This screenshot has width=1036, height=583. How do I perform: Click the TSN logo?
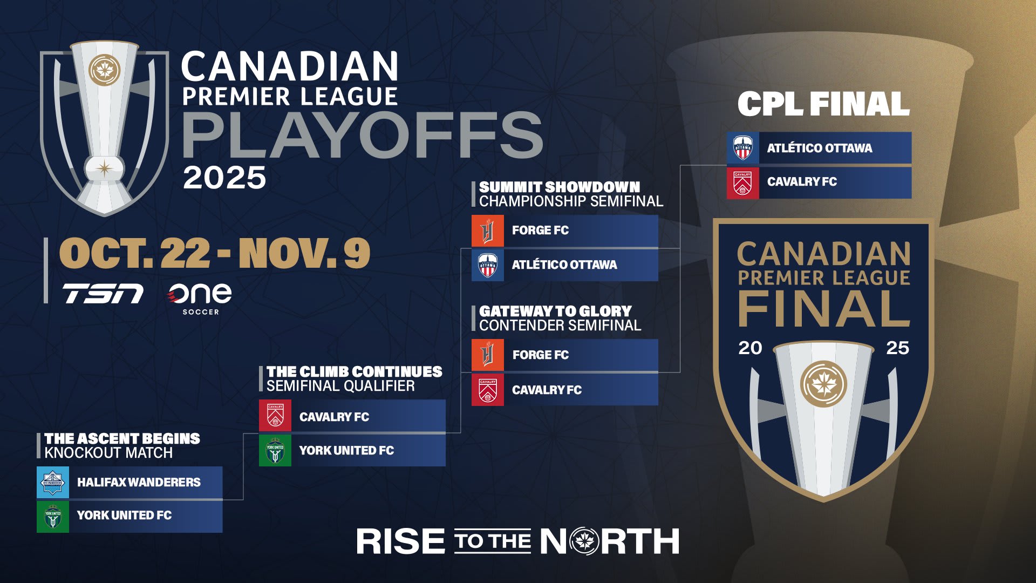coord(103,294)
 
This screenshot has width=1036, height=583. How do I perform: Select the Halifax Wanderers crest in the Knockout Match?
coord(53,482)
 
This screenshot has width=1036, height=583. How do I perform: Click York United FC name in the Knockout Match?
coord(124,516)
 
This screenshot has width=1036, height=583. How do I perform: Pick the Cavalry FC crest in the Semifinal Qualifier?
coord(275,416)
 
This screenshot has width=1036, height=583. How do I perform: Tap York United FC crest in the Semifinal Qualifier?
coord(275,451)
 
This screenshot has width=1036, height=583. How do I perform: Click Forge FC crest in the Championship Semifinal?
coord(488,231)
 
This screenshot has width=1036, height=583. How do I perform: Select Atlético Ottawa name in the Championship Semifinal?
coord(564,265)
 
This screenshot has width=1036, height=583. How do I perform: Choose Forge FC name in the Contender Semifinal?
coord(541,355)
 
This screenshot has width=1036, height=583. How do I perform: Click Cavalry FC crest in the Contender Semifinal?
coord(488,390)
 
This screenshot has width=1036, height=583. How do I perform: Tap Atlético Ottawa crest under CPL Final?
coord(743,148)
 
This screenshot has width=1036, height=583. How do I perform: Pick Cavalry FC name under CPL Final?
coord(802,182)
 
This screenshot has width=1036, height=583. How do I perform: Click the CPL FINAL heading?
coord(823,104)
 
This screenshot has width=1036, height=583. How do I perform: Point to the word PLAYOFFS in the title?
coord(363,135)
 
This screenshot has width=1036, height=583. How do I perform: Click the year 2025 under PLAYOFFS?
coord(224,178)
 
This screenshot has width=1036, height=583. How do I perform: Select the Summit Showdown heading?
coord(560,187)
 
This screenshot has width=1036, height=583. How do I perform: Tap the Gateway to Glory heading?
coord(555,311)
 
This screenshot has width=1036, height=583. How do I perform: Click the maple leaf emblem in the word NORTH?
coord(583,541)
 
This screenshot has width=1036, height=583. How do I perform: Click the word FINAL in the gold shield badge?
coord(823,308)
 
